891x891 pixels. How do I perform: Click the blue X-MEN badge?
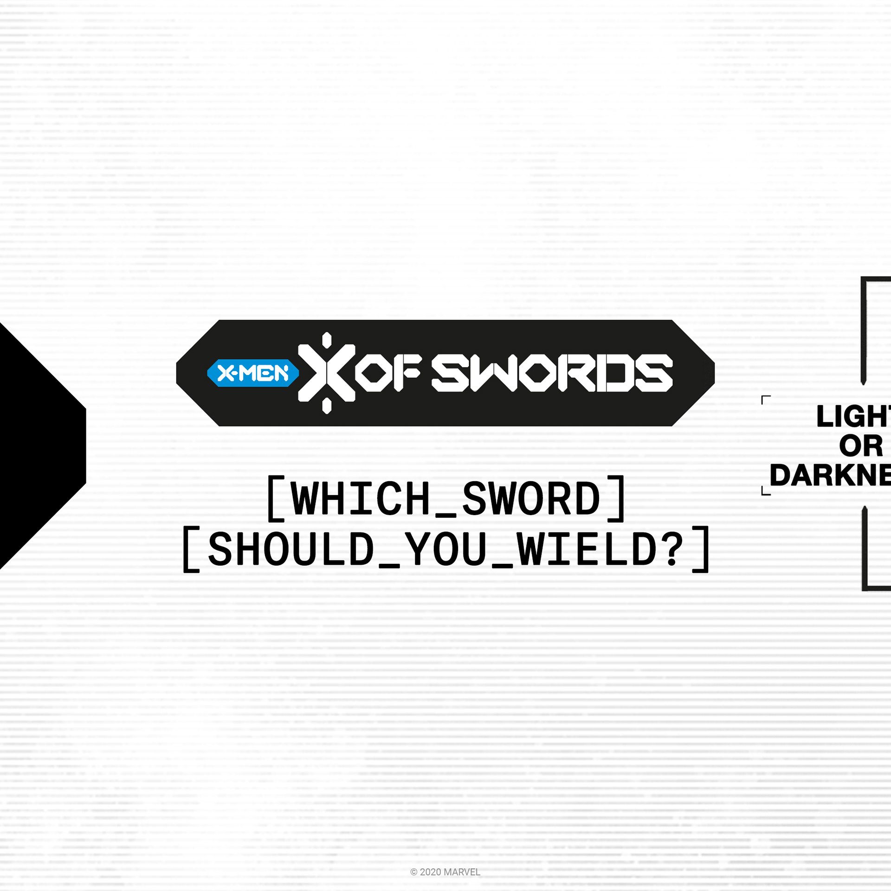pos(253,373)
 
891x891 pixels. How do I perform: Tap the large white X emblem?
pos(327,373)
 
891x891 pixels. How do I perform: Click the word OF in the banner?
pos(389,373)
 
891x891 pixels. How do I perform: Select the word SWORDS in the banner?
pos(552,373)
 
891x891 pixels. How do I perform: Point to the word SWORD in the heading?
pos(532,498)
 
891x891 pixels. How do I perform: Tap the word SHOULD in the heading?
pos(291,549)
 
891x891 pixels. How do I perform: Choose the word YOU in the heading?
pos(445,549)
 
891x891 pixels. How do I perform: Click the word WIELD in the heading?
pos(587,549)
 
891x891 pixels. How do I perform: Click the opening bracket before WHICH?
pos(276,498)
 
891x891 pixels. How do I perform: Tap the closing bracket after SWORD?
pos(616,498)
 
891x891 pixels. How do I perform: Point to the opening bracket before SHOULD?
pos(191,549)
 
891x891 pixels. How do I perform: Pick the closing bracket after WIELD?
pos(701,549)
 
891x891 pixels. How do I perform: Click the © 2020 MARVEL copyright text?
pos(445,872)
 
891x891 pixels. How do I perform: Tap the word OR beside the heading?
pos(861,446)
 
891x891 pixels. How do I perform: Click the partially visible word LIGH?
pos(853,416)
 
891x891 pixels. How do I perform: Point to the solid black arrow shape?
pos(37,445)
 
